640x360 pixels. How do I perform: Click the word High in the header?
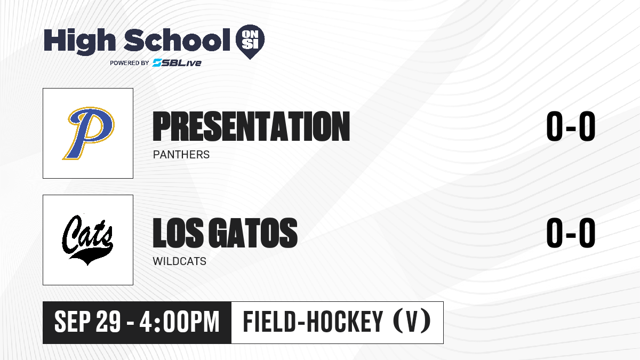pyautogui.click(x=79, y=42)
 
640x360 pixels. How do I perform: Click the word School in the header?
pyautogui.click(x=177, y=40)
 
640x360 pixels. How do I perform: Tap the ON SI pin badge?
pyautogui.click(x=250, y=42)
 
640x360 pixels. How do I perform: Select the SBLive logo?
pyautogui.click(x=177, y=63)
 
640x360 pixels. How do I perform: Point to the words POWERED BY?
pyautogui.click(x=130, y=63)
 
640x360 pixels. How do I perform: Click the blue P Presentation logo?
pyautogui.click(x=89, y=133)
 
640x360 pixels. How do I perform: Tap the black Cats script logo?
pyautogui.click(x=87, y=239)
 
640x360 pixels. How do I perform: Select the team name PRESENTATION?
pyautogui.click(x=251, y=126)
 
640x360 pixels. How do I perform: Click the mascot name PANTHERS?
pyautogui.click(x=181, y=155)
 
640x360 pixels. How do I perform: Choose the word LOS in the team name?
pyautogui.click(x=178, y=233)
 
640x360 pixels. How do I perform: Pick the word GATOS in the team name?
pyautogui.click(x=253, y=233)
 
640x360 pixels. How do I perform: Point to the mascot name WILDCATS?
pyautogui.click(x=179, y=261)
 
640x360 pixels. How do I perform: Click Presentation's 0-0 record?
pyautogui.click(x=571, y=126)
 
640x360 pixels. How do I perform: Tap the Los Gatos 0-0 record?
pyautogui.click(x=571, y=233)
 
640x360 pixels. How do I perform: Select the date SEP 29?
pyautogui.click(x=87, y=322)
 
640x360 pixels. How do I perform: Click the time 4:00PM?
pyautogui.click(x=179, y=322)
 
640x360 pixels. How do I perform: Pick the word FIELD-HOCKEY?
pyautogui.click(x=313, y=322)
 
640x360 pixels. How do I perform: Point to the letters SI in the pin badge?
pyautogui.click(x=250, y=45)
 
